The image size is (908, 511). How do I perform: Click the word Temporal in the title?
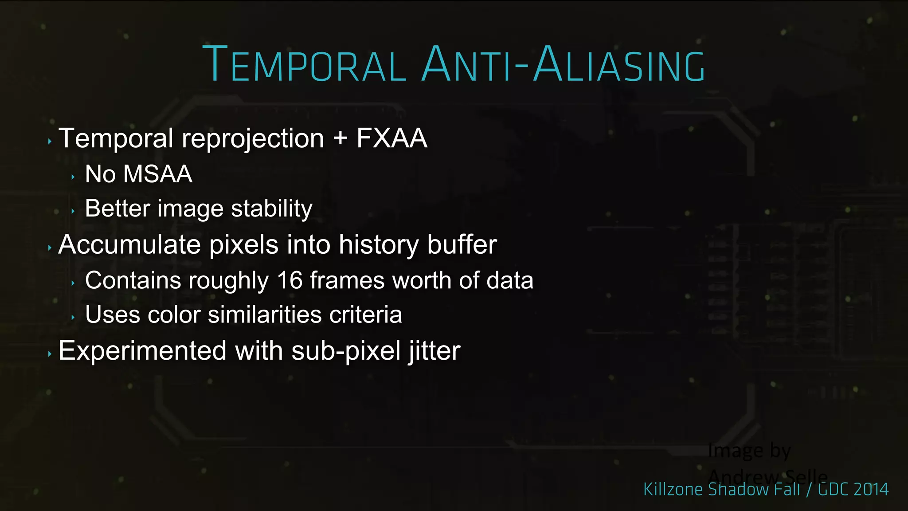(304, 64)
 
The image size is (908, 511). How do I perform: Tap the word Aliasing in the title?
(619, 64)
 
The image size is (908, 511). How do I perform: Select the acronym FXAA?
(391, 138)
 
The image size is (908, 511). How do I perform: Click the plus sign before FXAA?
(340, 138)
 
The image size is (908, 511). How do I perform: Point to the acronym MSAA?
(157, 174)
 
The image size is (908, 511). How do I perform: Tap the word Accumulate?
(129, 244)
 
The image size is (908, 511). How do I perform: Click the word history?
(378, 244)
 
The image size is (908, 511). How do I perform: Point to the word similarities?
(265, 315)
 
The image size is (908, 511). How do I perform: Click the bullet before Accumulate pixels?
(50, 248)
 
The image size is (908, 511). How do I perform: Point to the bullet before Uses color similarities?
(73, 318)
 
